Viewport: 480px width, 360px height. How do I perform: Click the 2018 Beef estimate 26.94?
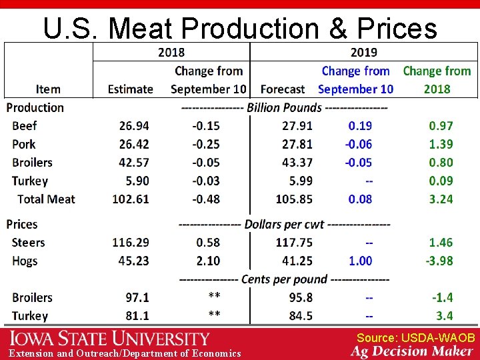click(134, 125)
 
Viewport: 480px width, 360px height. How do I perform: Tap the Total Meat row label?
click(46, 199)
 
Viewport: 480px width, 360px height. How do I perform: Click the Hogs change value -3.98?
click(439, 261)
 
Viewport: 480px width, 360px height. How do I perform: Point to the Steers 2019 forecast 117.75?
click(294, 243)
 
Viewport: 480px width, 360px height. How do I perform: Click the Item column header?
click(48, 89)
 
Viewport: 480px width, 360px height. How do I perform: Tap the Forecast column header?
click(283, 89)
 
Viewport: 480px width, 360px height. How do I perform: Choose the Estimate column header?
click(131, 89)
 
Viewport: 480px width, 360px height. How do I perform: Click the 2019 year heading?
click(363, 53)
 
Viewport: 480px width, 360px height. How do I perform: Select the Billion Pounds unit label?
click(284, 108)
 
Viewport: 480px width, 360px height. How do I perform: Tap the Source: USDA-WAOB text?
click(415, 338)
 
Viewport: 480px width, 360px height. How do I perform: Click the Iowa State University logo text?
click(109, 339)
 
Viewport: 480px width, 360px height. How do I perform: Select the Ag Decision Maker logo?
click(413, 351)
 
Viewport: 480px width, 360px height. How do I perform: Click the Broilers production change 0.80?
click(441, 162)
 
